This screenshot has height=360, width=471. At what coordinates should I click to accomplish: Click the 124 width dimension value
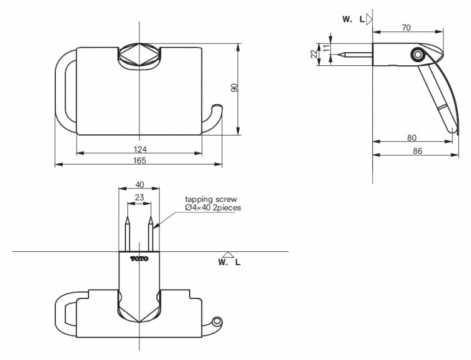coord(140,149)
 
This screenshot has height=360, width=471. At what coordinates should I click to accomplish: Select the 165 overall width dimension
coord(140,160)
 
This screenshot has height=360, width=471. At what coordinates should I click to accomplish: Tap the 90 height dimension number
coord(235,88)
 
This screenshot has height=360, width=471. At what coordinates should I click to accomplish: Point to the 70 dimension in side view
coord(406,28)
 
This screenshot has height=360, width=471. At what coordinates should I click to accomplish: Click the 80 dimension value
coord(412,138)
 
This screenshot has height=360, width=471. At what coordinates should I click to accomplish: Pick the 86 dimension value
coord(418,151)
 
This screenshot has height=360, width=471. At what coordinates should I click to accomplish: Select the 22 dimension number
coord(313,54)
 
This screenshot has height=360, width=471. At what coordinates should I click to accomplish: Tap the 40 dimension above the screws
coord(139,184)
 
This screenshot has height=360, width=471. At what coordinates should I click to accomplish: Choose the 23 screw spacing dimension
coord(139,197)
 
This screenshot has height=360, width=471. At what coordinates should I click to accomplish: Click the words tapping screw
coord(211,200)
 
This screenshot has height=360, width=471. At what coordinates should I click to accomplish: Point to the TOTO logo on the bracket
coord(139,258)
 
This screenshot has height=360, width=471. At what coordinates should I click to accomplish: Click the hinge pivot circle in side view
coord(417,55)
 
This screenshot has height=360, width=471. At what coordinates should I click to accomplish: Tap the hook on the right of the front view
coord(213,118)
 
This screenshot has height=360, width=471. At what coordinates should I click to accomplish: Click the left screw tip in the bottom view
coord(127,217)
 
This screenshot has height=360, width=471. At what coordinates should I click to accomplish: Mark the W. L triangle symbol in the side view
coord(369,19)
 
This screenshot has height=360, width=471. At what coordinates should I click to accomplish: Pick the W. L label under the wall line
coord(229,262)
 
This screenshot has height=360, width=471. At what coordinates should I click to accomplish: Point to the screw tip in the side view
coord(338,55)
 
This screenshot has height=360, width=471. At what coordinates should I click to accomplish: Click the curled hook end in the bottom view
coord(217,322)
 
